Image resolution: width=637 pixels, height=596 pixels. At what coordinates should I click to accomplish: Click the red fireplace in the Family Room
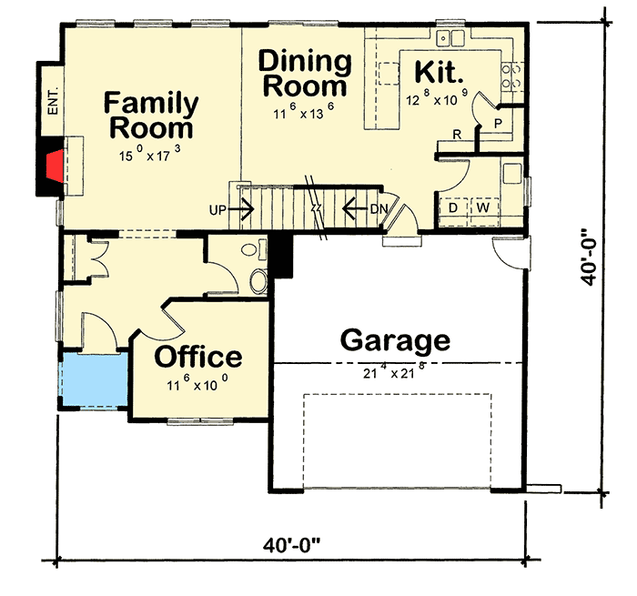click(x=54, y=167)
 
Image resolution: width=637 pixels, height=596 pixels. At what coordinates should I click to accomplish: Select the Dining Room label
click(x=305, y=74)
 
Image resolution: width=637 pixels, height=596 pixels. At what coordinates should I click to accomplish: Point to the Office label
click(x=198, y=356)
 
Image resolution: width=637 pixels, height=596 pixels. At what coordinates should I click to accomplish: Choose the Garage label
click(x=395, y=340)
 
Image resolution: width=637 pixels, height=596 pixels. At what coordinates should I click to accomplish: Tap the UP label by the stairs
click(x=217, y=210)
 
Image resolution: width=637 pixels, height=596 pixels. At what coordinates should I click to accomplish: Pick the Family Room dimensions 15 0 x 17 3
click(x=149, y=155)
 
